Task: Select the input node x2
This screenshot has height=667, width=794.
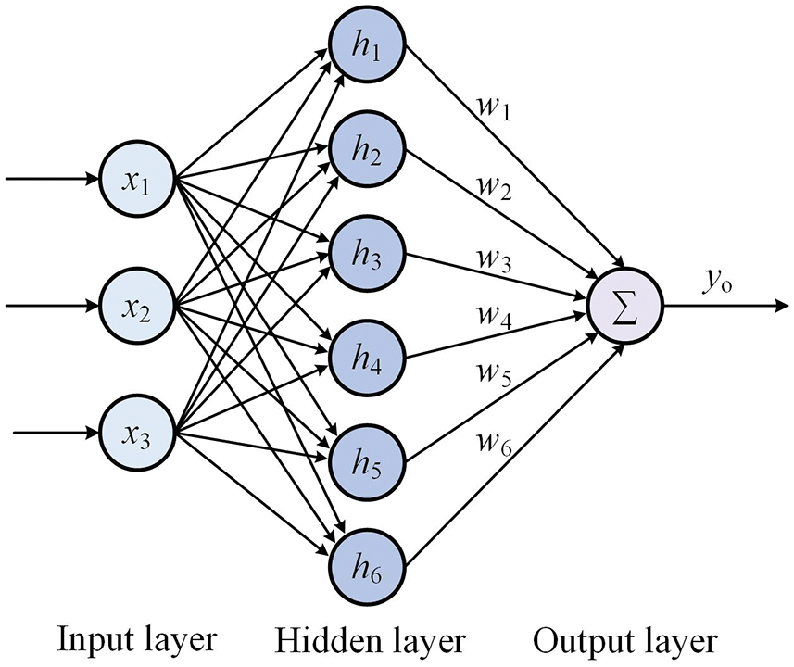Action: [x=137, y=306]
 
